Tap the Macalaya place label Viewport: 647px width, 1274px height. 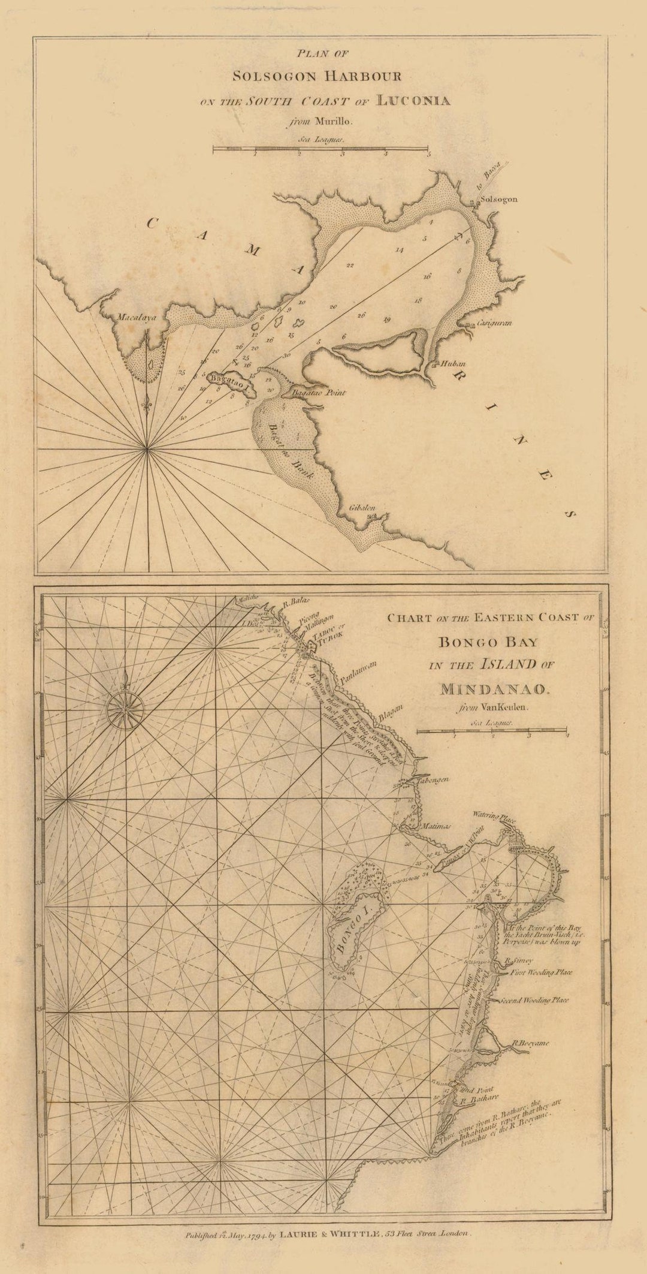point(137,318)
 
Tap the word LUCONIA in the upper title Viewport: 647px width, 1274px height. point(413,100)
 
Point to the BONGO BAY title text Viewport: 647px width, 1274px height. point(488,642)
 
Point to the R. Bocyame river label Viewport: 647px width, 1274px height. point(530,1043)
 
